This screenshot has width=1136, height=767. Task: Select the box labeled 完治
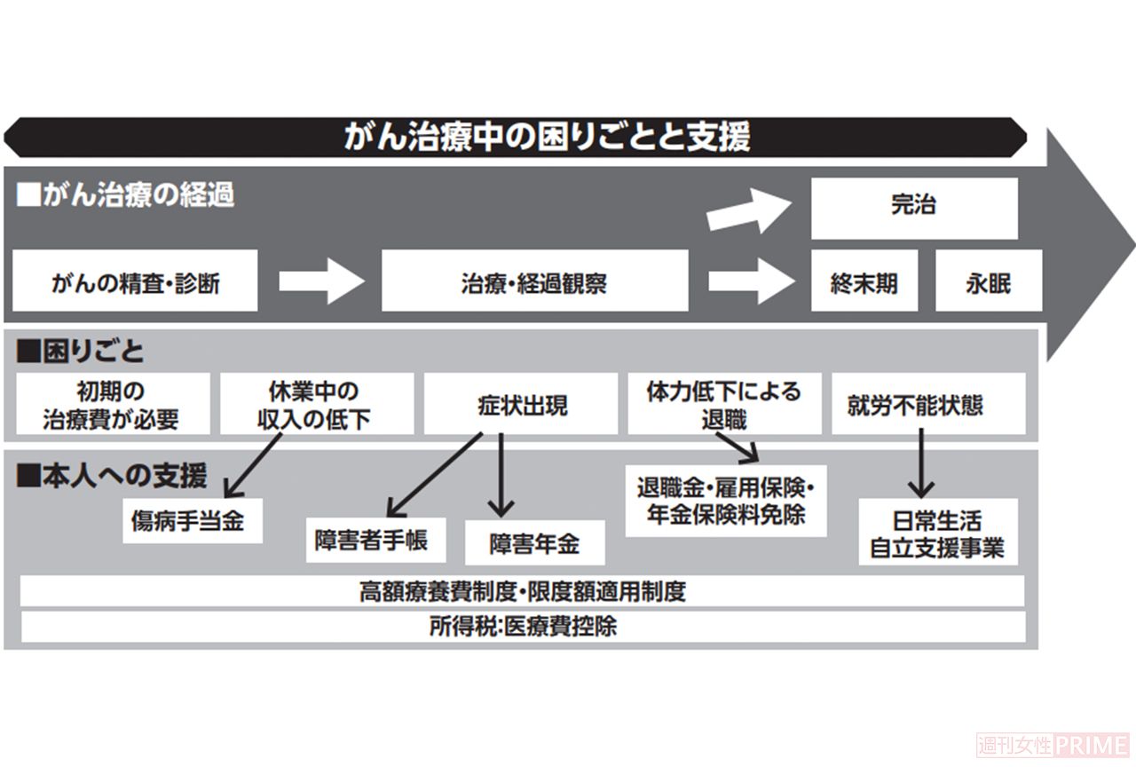tap(913, 207)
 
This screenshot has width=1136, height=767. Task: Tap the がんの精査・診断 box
tap(135, 282)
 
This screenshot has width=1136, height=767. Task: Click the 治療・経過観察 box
tap(534, 282)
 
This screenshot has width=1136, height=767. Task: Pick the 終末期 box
tap(864, 282)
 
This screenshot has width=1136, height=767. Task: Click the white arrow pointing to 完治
tap(749, 210)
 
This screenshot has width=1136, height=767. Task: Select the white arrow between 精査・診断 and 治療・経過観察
tap(320, 282)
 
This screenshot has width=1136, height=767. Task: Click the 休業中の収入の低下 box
tap(317, 405)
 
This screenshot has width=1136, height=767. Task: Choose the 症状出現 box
tap(521, 405)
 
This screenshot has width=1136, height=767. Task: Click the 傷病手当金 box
tap(193, 520)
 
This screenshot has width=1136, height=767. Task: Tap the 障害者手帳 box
tap(375, 540)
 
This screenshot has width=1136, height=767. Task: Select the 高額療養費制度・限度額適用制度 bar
tap(522, 591)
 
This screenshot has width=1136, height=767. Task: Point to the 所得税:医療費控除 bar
tap(522, 626)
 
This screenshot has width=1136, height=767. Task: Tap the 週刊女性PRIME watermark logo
tap(1053, 744)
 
